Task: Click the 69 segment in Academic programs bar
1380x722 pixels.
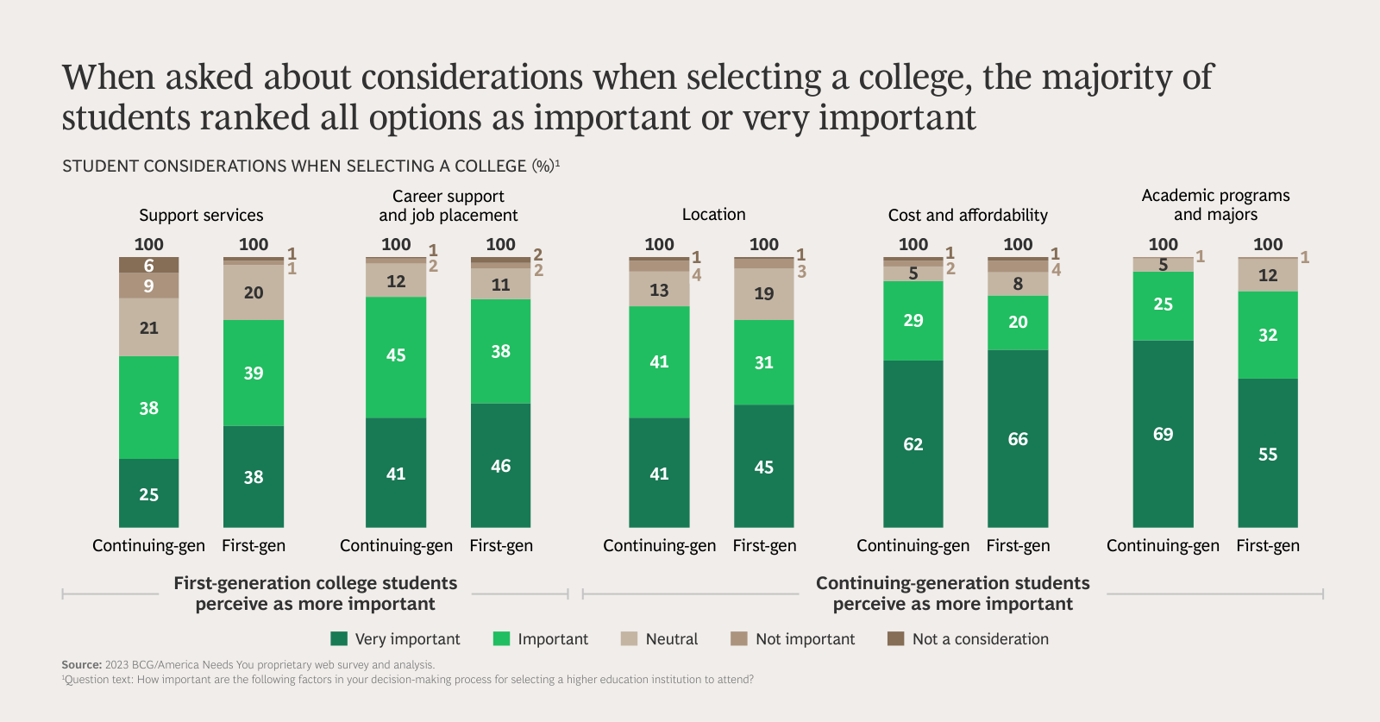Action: (x=1163, y=434)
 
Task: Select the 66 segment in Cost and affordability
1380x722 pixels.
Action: (x=1018, y=438)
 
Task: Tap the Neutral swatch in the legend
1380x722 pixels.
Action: (x=629, y=638)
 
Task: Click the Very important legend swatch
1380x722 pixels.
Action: (x=339, y=638)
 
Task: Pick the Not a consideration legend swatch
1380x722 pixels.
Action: (x=896, y=638)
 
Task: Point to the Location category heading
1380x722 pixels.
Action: (x=713, y=214)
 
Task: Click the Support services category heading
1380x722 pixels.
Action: (x=201, y=215)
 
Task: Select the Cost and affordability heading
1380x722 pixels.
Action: (x=968, y=215)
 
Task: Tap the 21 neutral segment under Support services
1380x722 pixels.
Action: (x=148, y=328)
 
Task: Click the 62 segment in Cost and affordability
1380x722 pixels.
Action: (x=913, y=443)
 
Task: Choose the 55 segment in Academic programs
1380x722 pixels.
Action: (x=1267, y=454)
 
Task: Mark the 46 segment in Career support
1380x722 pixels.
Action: (x=500, y=466)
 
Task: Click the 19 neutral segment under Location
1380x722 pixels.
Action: (x=763, y=293)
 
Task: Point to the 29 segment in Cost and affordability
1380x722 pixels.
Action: (x=913, y=320)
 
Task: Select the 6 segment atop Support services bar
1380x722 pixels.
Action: (x=148, y=265)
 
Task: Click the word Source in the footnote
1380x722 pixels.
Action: (x=81, y=665)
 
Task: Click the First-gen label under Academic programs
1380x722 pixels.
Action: (x=1267, y=545)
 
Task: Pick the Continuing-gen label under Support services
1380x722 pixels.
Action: (x=148, y=545)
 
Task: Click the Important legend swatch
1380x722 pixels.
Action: (x=501, y=638)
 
